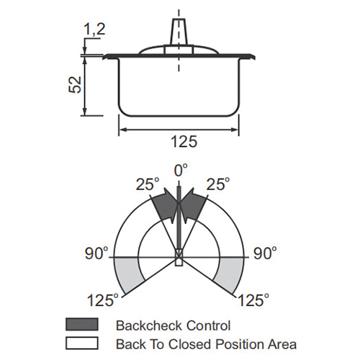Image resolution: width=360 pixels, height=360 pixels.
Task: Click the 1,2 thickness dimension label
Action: (94, 30)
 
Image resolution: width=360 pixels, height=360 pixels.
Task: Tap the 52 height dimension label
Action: (75, 85)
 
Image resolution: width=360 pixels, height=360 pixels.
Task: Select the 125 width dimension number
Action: (184, 141)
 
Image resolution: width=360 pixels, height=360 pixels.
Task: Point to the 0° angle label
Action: (181, 170)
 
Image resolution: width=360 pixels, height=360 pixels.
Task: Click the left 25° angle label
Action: (148, 184)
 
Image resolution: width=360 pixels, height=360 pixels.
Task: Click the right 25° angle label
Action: (218, 184)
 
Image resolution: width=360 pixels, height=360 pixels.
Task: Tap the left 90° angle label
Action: (96, 253)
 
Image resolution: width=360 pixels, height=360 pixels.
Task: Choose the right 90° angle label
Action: (265, 253)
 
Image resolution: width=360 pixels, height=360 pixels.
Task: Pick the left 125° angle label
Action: (103, 300)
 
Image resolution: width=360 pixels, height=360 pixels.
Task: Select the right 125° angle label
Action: (253, 300)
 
